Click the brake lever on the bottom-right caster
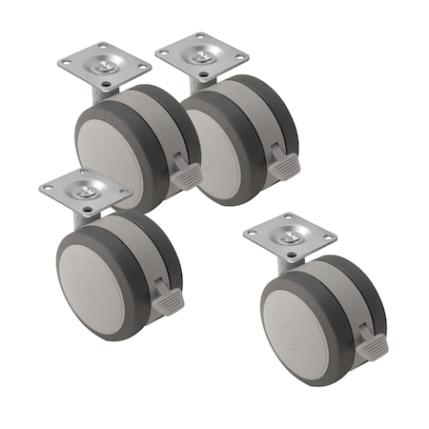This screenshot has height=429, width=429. [x=372, y=349]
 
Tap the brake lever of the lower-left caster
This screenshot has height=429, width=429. [x=167, y=301]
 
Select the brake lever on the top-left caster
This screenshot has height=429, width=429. [x=186, y=176]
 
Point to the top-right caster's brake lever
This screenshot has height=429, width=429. [x=283, y=169]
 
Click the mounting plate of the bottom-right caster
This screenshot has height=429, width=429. [x=290, y=235]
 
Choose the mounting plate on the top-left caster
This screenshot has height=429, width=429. [x=104, y=64]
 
